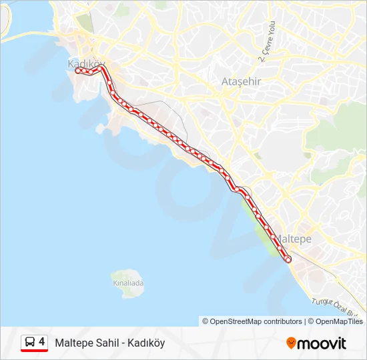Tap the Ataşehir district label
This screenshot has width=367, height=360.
[241, 81]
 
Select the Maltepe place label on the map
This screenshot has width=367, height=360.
[294, 238]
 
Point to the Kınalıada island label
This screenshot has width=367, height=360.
[128, 283]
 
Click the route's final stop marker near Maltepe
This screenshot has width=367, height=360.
[288, 259]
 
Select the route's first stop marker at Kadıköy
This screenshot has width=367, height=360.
[78, 70]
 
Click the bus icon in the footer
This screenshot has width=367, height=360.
[30, 342]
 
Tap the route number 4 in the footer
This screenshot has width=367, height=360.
[42, 342]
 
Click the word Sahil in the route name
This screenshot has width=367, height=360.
[107, 343]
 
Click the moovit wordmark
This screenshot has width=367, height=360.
[321, 343]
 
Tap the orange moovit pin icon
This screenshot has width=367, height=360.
[291, 343]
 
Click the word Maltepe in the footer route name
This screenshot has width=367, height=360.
[73, 343]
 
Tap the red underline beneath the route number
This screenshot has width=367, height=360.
[34, 351]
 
